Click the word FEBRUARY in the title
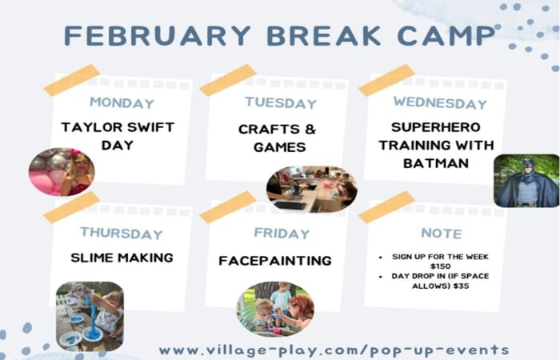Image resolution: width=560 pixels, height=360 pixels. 158,36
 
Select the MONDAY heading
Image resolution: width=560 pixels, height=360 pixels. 122,103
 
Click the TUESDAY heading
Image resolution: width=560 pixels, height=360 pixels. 281,103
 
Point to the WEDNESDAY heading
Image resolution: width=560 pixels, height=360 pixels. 440,103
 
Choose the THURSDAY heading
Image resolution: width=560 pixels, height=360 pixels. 122,234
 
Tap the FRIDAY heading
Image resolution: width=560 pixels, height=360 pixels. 282,234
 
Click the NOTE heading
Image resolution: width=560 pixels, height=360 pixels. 442,234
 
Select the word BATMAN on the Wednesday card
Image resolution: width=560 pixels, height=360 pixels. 436,163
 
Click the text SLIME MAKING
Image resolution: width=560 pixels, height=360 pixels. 122,258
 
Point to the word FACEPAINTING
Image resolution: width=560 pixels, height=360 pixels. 275,261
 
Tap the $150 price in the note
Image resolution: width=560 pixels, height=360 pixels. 440,266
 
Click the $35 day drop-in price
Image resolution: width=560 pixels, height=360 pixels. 461,286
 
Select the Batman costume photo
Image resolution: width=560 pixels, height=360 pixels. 526,181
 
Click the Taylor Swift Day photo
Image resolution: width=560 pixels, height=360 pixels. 62,172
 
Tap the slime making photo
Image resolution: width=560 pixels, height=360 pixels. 90,316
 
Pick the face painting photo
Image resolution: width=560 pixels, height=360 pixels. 275,310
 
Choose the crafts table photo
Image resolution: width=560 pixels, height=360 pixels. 312,190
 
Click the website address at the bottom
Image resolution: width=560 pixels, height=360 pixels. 334,350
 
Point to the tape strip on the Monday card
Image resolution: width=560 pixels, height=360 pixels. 72,80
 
